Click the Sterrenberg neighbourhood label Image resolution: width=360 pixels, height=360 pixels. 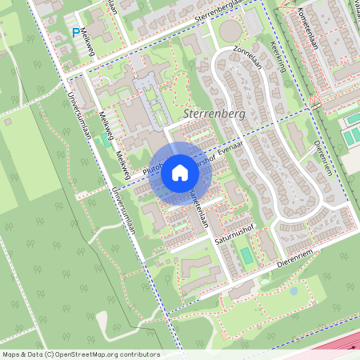214,114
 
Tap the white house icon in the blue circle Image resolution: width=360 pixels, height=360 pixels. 180,173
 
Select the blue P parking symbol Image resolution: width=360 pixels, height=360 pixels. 76,33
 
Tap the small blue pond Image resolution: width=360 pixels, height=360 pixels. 294,291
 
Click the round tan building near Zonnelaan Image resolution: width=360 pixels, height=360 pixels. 230,31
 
